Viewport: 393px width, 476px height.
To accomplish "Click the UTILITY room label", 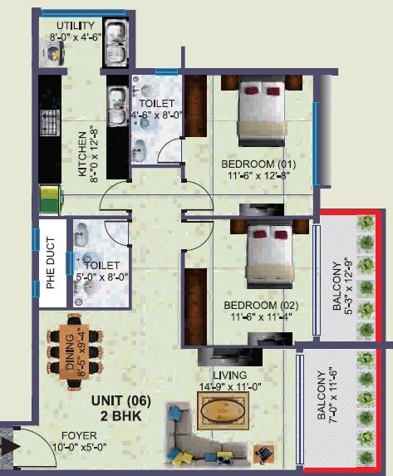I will (x=67, y=24).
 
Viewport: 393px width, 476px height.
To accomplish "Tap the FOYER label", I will (x=79, y=434).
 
